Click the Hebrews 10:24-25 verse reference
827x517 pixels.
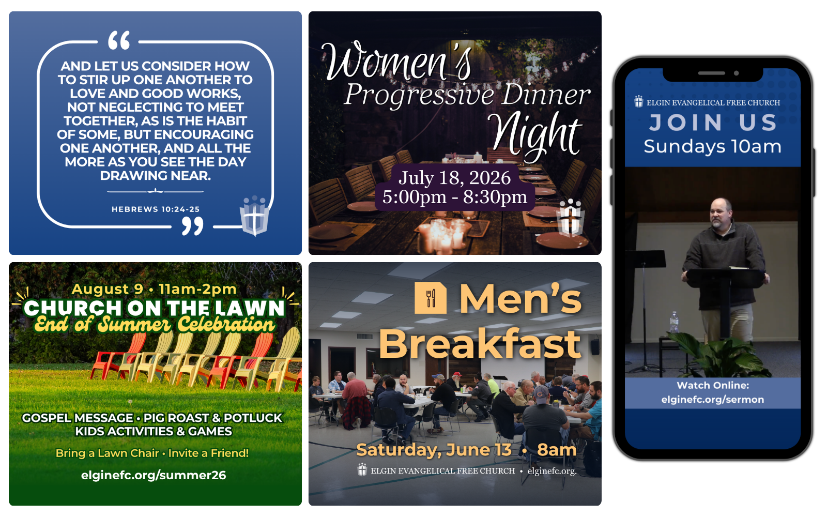click(156, 209)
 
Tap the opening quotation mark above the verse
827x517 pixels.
click(119, 40)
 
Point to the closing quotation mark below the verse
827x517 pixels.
click(192, 226)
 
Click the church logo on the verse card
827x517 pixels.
click(254, 216)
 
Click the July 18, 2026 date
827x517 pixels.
click(454, 178)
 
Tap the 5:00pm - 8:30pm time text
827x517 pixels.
click(454, 197)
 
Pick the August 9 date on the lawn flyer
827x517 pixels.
click(108, 289)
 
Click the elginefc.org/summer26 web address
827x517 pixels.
click(154, 475)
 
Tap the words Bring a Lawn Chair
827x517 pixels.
click(107, 453)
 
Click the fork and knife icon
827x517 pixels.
click(431, 298)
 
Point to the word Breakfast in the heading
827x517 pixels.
click(480, 344)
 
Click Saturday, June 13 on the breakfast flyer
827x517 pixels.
click(434, 450)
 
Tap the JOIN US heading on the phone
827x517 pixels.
click(713, 123)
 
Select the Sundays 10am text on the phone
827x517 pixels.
click(713, 147)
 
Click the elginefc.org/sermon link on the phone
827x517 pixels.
click(713, 400)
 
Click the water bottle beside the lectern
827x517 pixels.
click(674, 322)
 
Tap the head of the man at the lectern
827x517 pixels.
click(721, 213)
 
